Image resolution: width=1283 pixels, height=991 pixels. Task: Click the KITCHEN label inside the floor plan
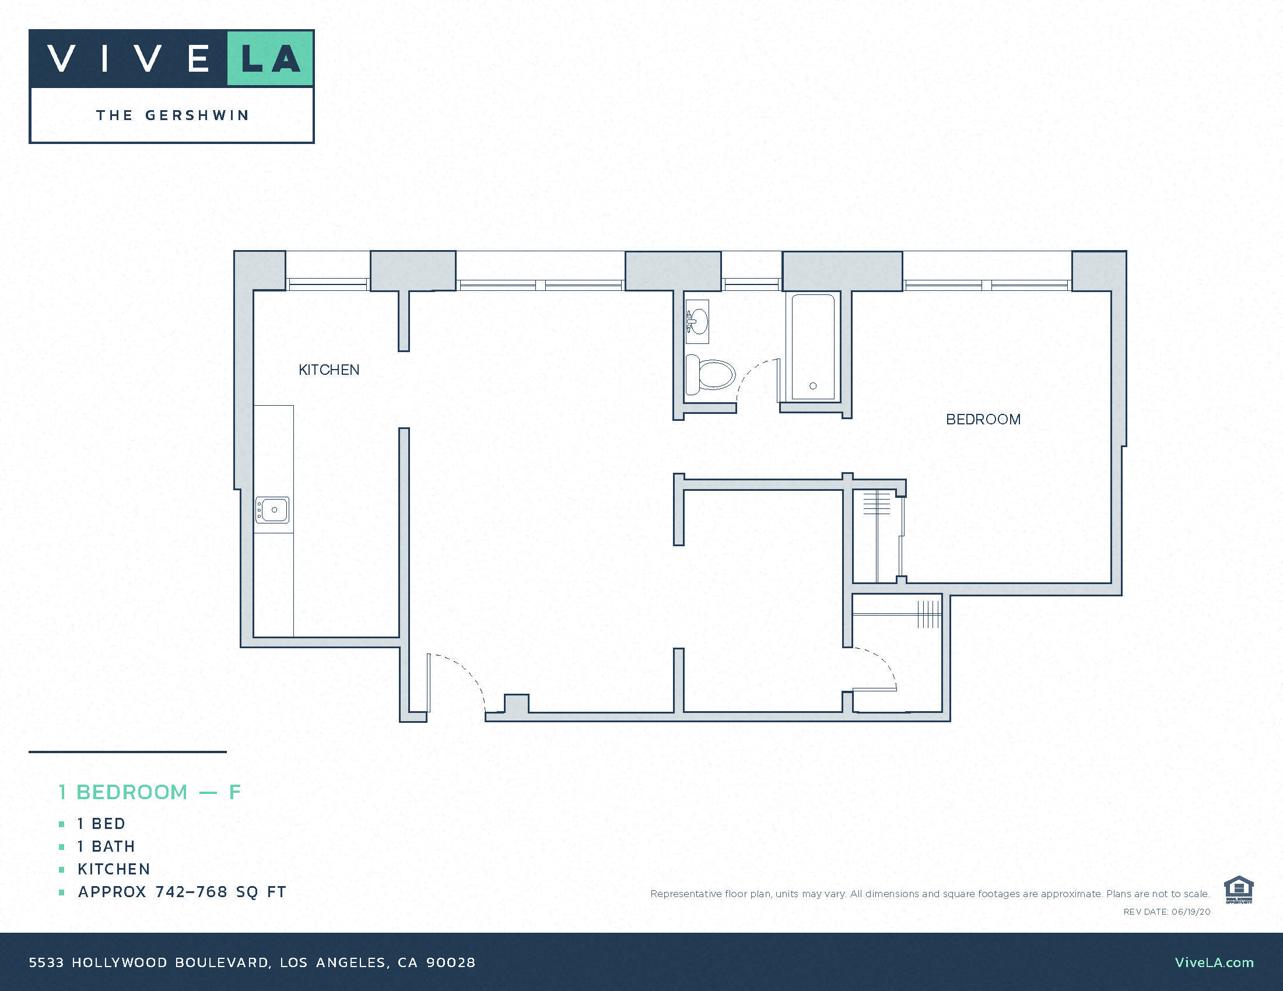click(x=328, y=370)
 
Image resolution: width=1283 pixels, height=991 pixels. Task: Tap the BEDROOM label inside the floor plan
click(x=983, y=419)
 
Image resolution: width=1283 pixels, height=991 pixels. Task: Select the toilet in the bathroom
click(x=711, y=375)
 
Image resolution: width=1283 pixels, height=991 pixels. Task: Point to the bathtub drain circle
click(x=813, y=386)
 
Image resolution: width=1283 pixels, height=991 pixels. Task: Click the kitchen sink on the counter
click(x=272, y=509)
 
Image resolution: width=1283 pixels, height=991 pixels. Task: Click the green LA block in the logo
click(x=269, y=59)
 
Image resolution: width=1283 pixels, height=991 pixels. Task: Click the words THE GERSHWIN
click(x=172, y=115)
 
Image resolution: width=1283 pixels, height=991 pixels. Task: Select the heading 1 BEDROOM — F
click(x=150, y=792)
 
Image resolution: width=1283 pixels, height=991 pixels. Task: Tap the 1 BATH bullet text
click(x=106, y=846)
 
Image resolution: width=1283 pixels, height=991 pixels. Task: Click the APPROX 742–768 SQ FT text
click(x=181, y=892)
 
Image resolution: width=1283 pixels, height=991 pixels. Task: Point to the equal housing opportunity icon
click(x=1238, y=890)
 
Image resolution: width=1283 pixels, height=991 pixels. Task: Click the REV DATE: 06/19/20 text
click(x=1167, y=912)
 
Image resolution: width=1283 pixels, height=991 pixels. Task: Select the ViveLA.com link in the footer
click(x=1214, y=962)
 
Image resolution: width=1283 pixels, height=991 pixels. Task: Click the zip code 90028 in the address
click(x=451, y=962)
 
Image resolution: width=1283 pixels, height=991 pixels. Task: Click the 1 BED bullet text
click(x=101, y=824)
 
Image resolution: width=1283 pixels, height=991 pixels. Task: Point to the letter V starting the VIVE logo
click(x=61, y=59)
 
